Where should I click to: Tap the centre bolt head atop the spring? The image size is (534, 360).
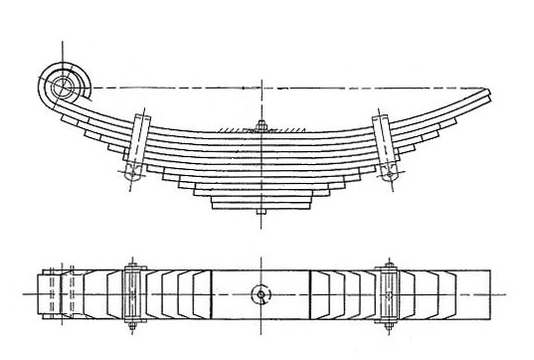[x=261, y=125]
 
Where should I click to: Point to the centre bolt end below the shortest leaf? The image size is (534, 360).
[x=261, y=213]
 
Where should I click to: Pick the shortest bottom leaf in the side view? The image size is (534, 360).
[x=261, y=204]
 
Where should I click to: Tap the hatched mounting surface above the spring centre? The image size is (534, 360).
[x=261, y=129]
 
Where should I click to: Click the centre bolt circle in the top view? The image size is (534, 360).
[x=261, y=294]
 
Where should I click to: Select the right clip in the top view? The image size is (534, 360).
[x=390, y=294]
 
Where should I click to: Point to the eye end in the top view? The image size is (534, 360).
[x=52, y=294]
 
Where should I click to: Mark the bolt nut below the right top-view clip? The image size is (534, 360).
[x=390, y=326]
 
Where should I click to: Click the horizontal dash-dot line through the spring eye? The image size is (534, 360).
[x=298, y=85]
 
